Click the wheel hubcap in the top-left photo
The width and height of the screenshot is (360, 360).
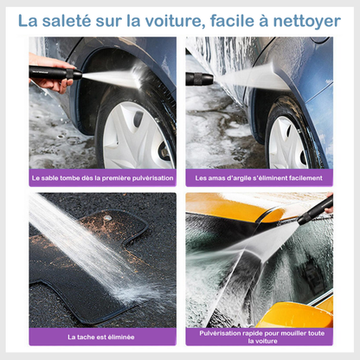[x=135, y=134]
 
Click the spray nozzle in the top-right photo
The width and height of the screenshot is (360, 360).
[x=200, y=79]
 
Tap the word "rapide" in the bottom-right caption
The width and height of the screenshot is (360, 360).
[x=253, y=332]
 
